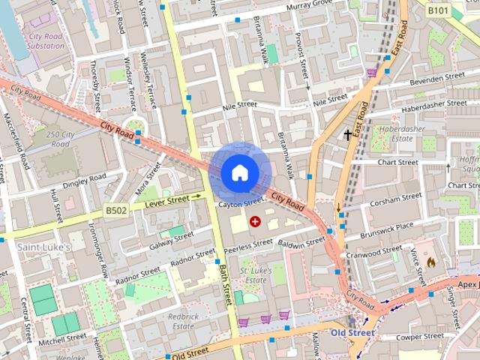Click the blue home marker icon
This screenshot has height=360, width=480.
239,172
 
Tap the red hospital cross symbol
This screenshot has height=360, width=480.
255,221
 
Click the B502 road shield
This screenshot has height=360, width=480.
115,211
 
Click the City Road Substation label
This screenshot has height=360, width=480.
46,40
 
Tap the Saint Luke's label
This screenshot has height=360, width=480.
43,247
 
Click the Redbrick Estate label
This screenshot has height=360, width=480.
184,321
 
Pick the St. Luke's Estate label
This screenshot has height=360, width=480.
253,274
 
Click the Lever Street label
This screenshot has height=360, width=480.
166,201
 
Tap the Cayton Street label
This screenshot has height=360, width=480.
241,202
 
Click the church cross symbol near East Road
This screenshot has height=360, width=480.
347,135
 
